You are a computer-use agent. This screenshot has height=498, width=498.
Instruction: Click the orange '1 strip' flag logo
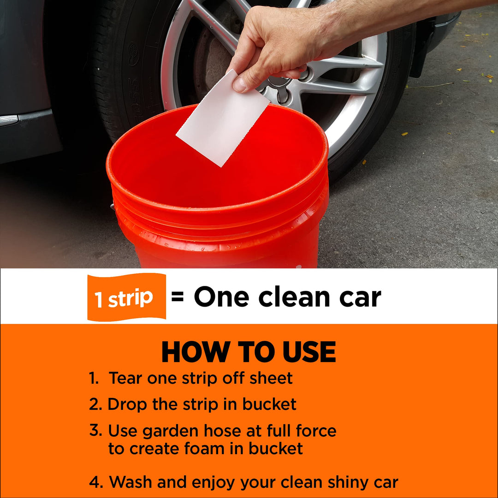[x=126, y=297]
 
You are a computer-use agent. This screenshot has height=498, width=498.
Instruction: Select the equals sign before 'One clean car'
[x=178, y=297]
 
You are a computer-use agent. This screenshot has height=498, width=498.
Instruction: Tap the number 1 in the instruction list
[x=94, y=379]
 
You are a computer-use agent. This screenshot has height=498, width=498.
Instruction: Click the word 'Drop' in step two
[x=127, y=404]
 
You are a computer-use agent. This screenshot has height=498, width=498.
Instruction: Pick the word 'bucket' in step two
[x=269, y=404]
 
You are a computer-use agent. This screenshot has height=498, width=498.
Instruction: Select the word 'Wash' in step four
[x=130, y=483]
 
